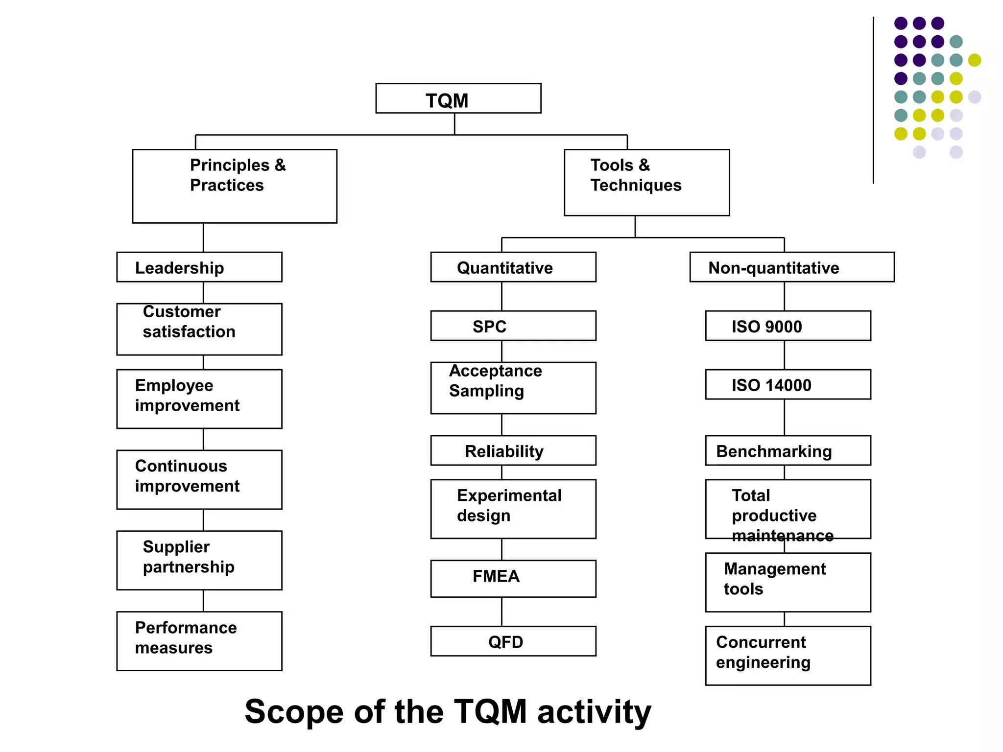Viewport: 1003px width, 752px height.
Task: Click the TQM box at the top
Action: tap(458, 98)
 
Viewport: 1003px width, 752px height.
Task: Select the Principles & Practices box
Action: tap(235, 186)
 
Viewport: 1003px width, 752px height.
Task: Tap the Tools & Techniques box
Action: tap(646, 182)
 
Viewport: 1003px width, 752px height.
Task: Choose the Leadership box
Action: tap(199, 267)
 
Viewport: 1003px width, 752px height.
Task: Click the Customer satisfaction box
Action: tap(199, 329)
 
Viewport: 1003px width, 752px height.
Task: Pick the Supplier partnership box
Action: tap(199, 560)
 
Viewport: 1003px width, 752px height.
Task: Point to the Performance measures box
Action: tap(199, 640)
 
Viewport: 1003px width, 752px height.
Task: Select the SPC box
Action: tap(513, 326)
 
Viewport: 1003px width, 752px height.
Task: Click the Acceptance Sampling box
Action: tap(513, 388)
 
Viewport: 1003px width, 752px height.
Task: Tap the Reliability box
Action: tap(513, 450)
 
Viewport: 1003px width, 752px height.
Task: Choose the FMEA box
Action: tap(513, 578)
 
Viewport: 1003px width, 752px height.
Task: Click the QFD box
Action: tap(513, 641)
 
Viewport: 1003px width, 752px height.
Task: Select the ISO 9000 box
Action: tap(788, 326)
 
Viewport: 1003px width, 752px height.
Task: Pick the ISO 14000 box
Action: tap(788, 384)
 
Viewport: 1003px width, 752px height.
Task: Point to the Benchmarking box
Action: tap(788, 450)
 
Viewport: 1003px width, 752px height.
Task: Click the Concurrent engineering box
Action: tap(788, 655)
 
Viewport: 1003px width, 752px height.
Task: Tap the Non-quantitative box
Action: tap(792, 267)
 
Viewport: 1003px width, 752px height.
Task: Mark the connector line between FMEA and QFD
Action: tap(501, 611)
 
